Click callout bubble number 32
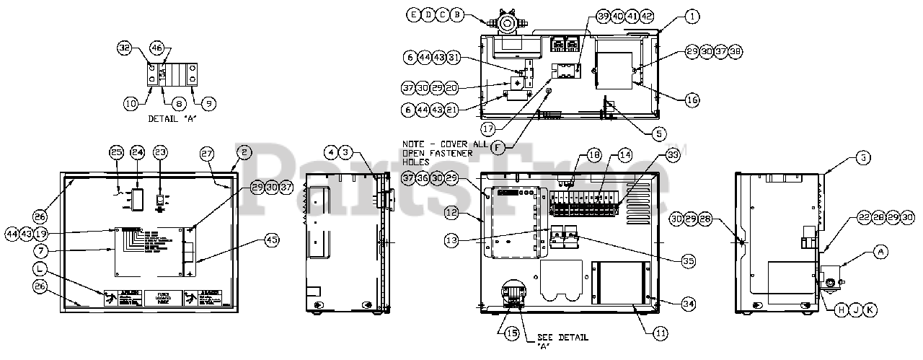(124, 48)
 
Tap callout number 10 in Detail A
(131, 103)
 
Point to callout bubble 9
(208, 103)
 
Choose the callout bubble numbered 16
(692, 100)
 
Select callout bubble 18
(593, 155)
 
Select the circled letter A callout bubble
(878, 251)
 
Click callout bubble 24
(138, 152)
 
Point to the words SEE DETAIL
(562, 337)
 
